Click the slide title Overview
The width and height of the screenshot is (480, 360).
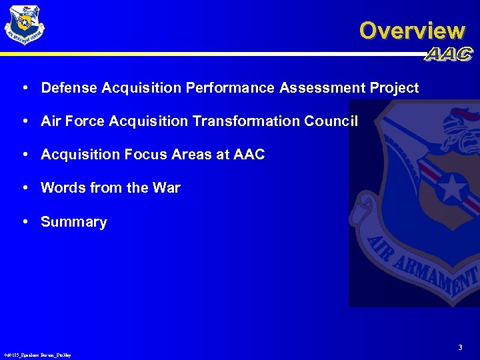[411, 31]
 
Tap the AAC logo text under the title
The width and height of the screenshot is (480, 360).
[448, 55]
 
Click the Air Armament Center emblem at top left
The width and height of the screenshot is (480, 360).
[25, 25]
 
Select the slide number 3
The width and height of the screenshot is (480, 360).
[460, 347]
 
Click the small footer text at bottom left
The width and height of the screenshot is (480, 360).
[37, 355]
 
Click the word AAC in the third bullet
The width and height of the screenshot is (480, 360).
[249, 155]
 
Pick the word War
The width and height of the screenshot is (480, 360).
[166, 188]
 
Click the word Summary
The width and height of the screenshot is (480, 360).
[73, 222]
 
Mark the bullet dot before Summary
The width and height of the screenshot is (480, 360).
[24, 221]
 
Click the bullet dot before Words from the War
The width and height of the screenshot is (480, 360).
[24, 188]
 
